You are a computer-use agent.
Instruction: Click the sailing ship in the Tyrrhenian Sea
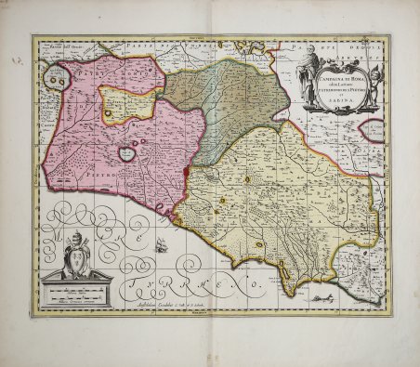click(x=164, y=245)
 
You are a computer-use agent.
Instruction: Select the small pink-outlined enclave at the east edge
click(x=372, y=129)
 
